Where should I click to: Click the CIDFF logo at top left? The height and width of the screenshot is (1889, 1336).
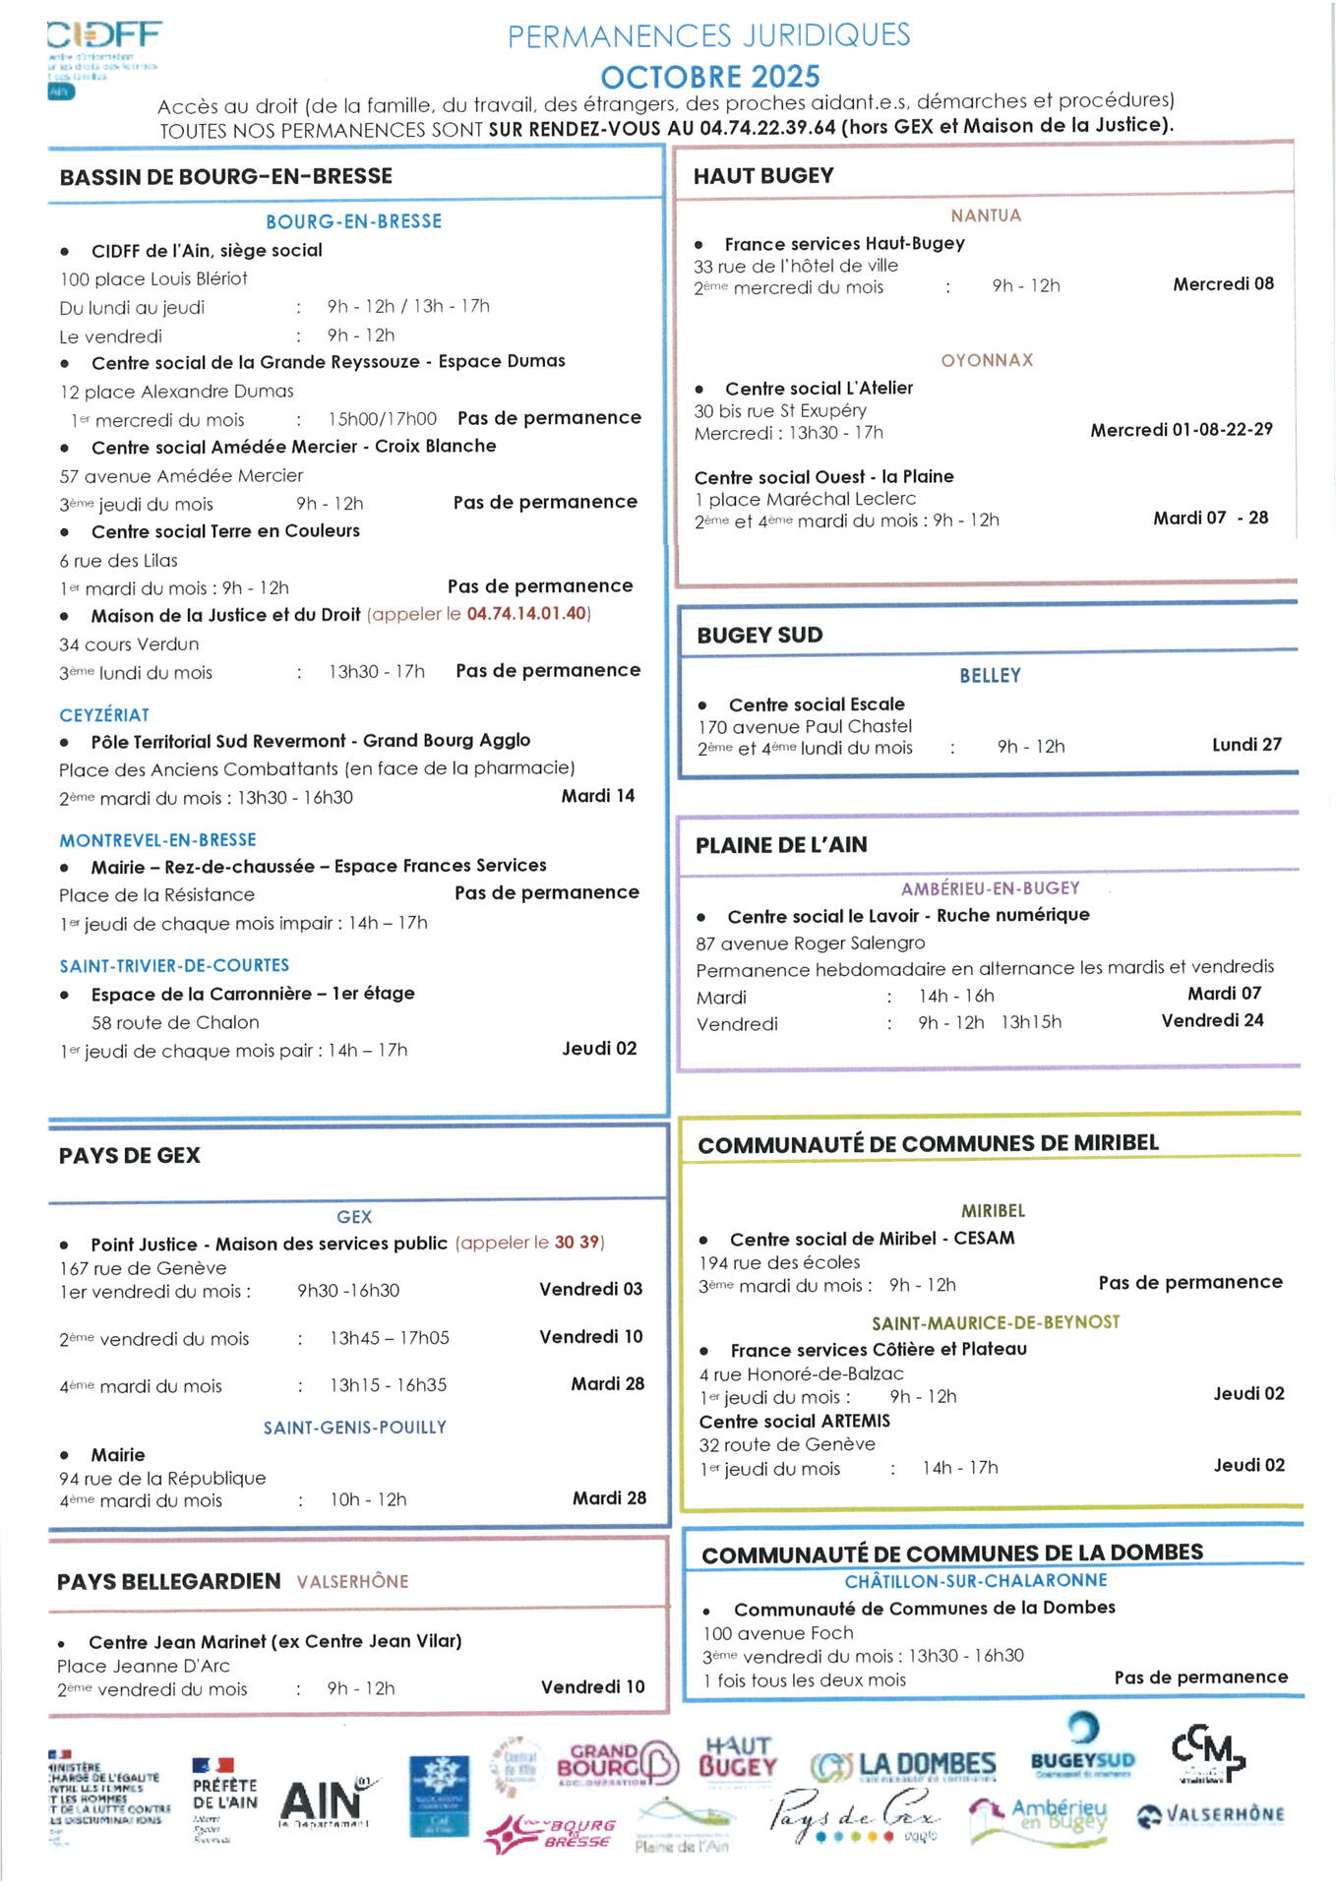(103, 57)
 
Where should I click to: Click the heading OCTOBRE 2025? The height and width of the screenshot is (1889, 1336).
(709, 77)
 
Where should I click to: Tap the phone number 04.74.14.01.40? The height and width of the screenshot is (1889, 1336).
(526, 614)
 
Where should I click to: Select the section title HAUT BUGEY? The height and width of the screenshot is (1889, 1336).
(763, 176)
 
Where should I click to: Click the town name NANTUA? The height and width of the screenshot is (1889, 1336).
(986, 215)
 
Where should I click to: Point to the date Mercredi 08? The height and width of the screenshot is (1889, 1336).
(1223, 284)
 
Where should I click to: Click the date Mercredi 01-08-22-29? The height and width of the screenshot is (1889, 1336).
(1181, 430)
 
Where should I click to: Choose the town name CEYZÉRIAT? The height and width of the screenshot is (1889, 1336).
(104, 715)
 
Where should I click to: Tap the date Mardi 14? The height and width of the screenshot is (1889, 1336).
(597, 796)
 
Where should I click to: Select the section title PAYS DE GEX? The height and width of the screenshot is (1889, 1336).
(130, 1156)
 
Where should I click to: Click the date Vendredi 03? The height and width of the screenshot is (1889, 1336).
(590, 1289)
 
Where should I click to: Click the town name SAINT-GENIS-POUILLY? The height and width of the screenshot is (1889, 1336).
(354, 1428)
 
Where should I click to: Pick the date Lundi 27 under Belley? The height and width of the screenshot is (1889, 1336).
(1246, 745)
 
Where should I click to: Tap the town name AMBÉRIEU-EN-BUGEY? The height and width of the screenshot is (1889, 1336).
(990, 888)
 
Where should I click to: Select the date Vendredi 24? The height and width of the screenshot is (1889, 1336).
(1212, 1021)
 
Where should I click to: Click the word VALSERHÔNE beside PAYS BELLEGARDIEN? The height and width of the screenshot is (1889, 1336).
(352, 1582)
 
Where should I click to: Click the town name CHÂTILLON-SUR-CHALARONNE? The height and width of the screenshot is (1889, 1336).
(975, 1581)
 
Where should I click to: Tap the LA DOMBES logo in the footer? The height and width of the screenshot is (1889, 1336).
(903, 1766)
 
